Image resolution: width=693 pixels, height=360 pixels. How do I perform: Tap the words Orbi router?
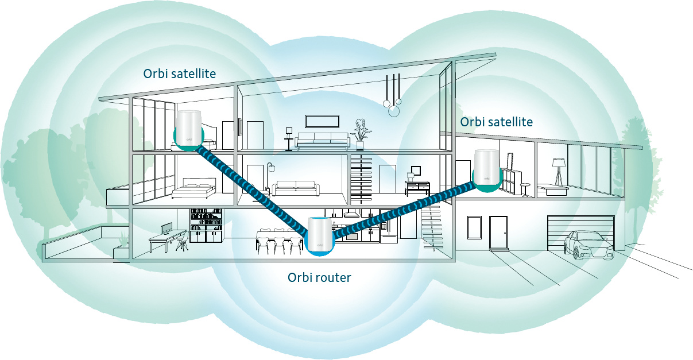319,278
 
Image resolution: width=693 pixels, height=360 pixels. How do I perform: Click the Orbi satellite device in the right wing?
485,169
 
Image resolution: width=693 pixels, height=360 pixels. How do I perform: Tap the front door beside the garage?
498,233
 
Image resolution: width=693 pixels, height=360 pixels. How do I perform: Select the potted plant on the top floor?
360,132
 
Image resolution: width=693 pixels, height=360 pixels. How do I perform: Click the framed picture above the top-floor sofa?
322,121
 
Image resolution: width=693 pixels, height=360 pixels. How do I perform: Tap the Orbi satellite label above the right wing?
496,122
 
